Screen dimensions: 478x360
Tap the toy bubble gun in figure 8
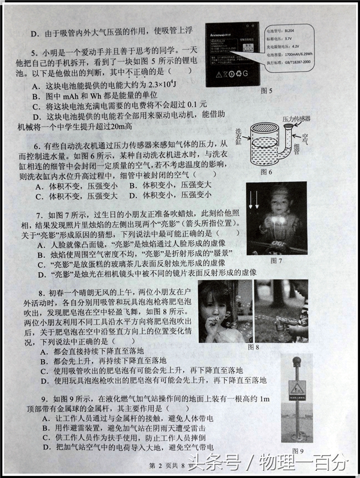point(283,326)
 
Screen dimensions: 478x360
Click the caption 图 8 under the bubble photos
point(253,347)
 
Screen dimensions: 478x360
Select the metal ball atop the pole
point(297,362)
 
